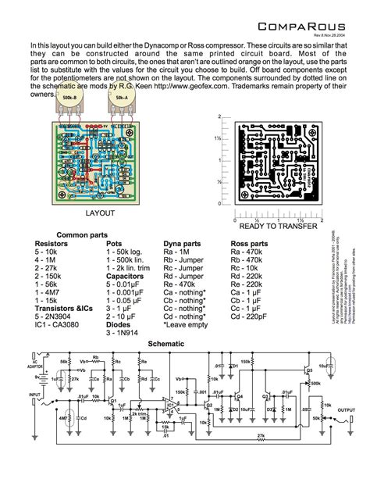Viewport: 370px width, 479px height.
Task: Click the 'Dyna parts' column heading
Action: tap(181, 244)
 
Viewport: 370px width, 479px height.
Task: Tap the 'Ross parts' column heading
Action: tap(250, 244)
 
